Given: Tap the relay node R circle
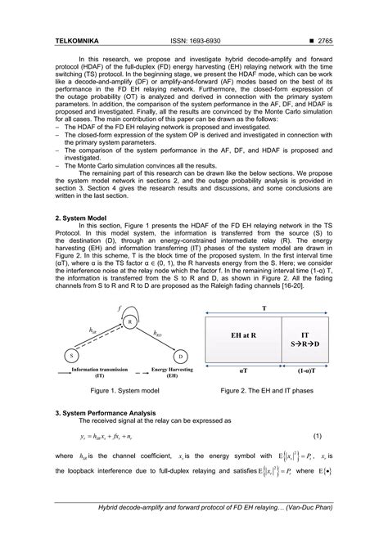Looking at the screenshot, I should pyautogui.click(x=129, y=323).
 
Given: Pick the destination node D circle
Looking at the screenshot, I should pyautogui.click(x=180, y=357).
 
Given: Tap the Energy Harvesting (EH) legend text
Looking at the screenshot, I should pyautogui.click(x=169, y=373).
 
